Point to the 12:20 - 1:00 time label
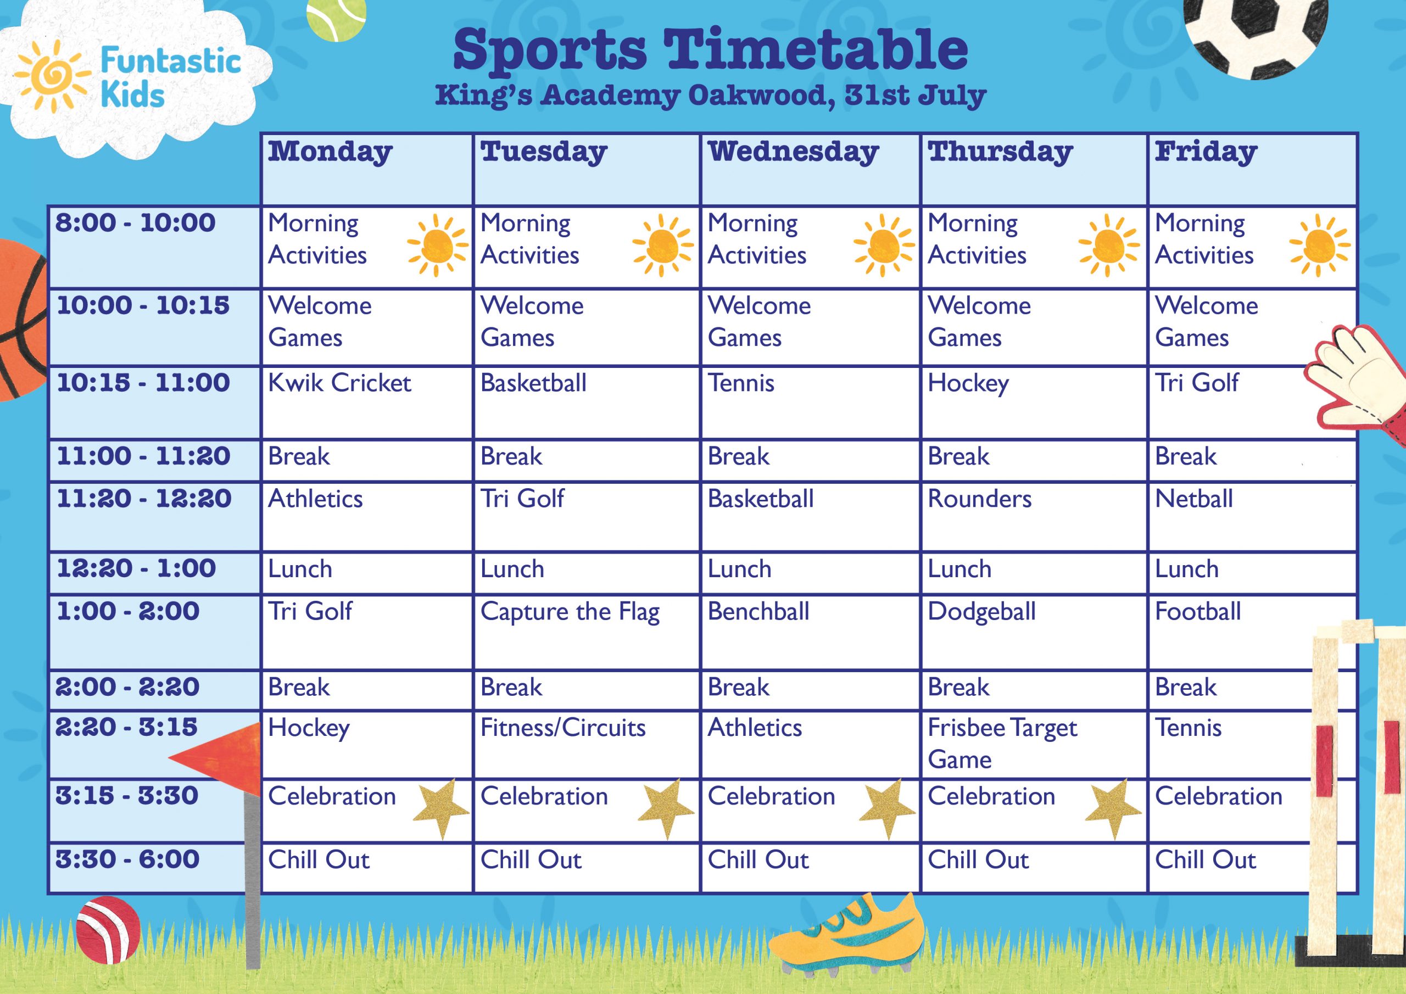pos(137,568)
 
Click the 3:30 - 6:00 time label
pos(127,859)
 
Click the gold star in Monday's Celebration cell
pos(441,808)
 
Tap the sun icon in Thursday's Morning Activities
pos(1108,245)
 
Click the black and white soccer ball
pos(1256,31)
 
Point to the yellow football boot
pos(845,935)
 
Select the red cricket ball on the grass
pos(108,930)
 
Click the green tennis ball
pos(336,16)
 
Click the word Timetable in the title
pos(816,50)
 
